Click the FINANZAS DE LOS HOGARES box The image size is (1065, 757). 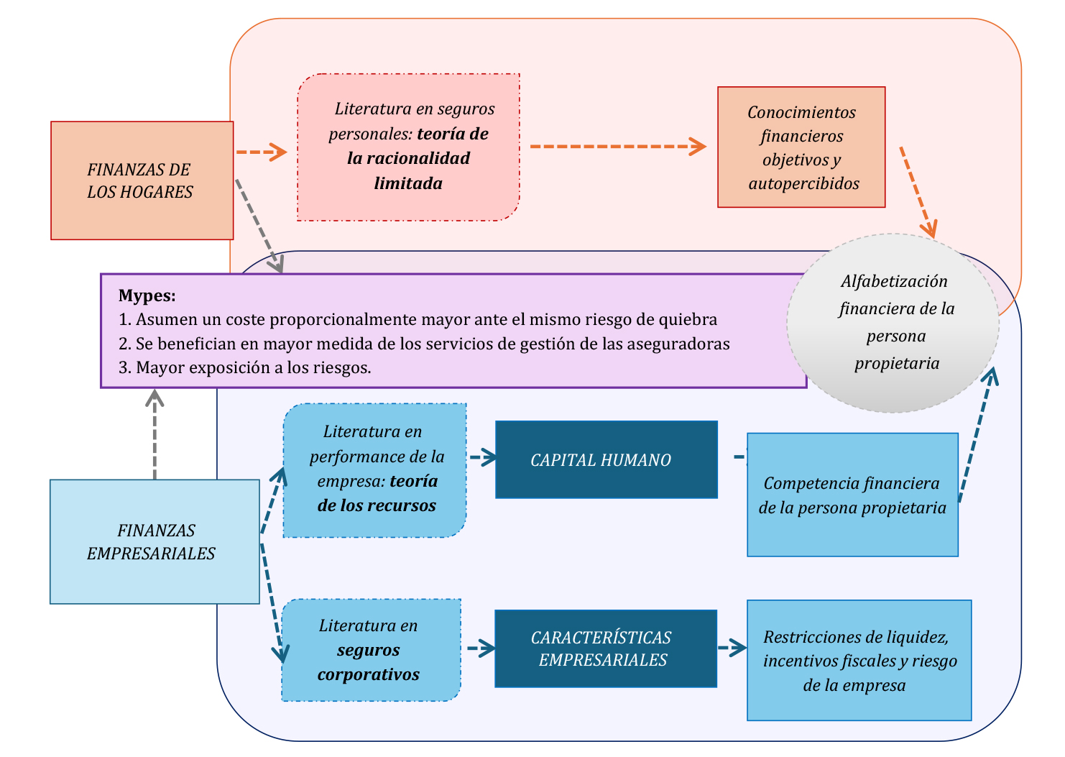[142, 180]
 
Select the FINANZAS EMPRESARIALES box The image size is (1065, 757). [154, 541]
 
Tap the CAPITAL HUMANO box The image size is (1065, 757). [606, 460]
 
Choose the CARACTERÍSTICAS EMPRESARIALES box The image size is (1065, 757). [605, 648]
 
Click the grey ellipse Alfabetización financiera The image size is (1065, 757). [893, 323]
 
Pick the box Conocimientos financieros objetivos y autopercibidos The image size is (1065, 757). [801, 147]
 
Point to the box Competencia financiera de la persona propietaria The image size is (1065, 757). [852, 495]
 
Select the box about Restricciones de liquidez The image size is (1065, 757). [859, 660]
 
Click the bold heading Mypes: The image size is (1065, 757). [147, 295]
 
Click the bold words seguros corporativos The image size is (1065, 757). [369, 662]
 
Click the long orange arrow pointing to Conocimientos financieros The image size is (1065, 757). [617, 146]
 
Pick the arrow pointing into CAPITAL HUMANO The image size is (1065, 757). [483, 457]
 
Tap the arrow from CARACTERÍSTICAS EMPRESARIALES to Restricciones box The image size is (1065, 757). [732, 648]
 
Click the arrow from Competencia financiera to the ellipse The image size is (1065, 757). [977, 435]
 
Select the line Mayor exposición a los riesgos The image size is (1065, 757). [245, 367]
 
